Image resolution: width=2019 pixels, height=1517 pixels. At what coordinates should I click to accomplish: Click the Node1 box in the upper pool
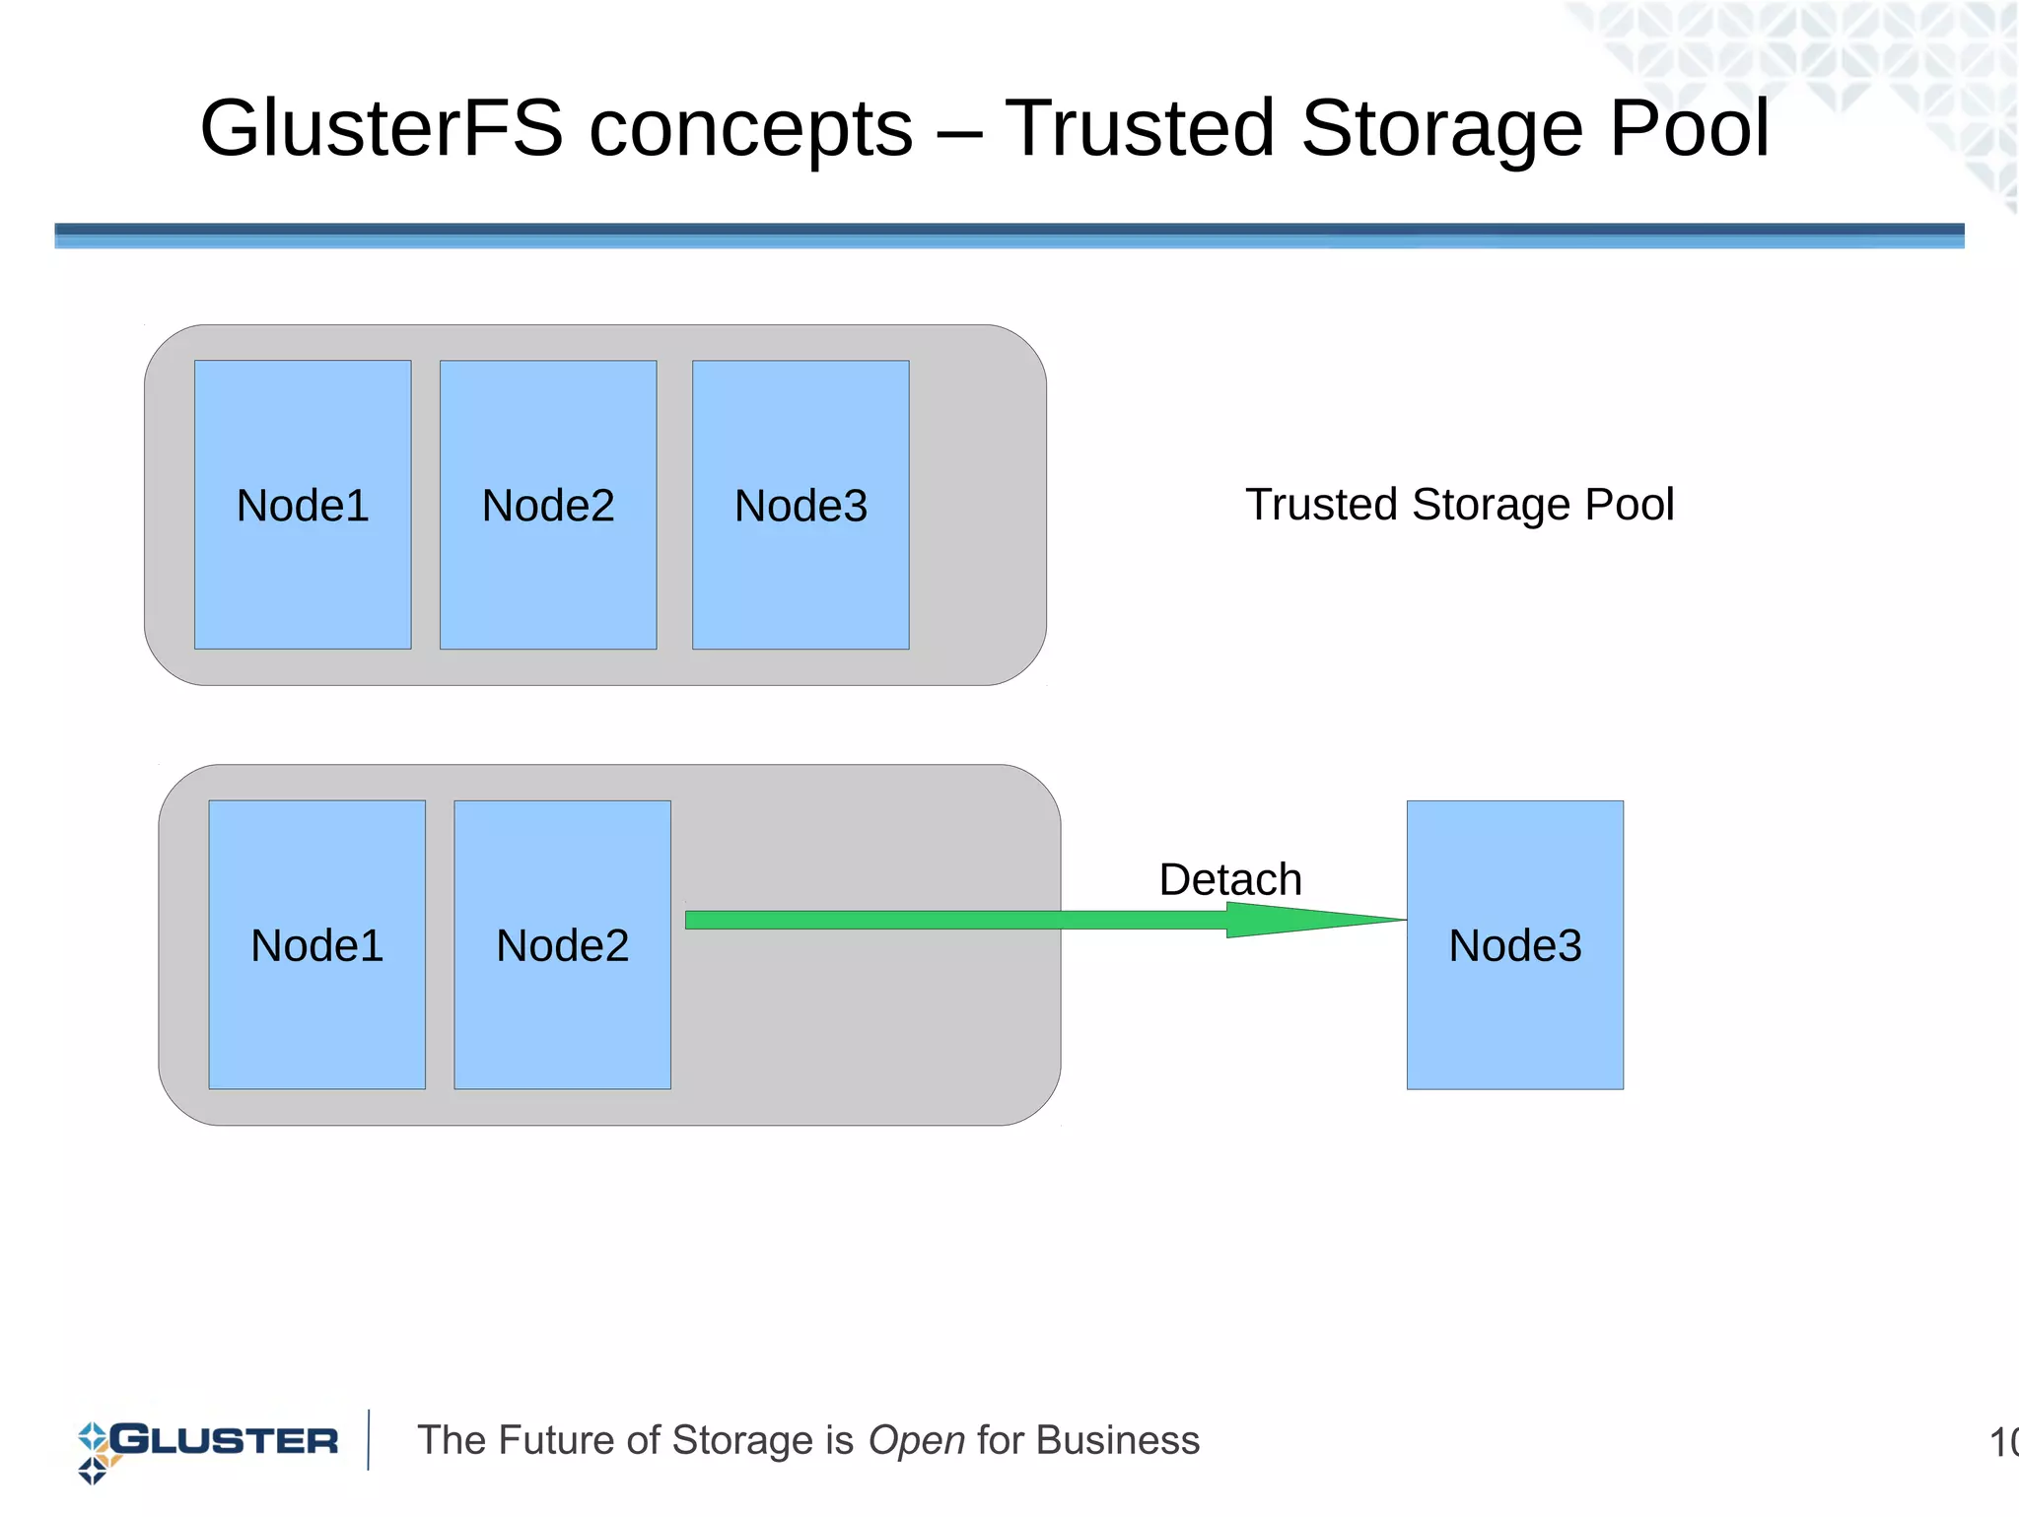[303, 505]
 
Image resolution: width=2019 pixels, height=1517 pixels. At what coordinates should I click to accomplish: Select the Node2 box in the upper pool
[548, 505]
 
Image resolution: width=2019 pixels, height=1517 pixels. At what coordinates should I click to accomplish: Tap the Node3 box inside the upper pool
[801, 505]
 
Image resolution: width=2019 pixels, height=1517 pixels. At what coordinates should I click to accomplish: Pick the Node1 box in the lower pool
[316, 944]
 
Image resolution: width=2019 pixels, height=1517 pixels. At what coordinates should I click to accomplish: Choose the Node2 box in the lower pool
[562, 944]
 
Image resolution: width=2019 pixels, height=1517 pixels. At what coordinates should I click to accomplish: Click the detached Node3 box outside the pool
[1514, 944]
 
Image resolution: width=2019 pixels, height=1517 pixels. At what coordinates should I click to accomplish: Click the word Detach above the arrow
[1229, 878]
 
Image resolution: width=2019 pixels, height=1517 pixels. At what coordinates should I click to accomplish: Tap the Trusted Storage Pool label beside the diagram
[1459, 504]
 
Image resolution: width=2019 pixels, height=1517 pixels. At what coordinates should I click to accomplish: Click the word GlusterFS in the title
[381, 128]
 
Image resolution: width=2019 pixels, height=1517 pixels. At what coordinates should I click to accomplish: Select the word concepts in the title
[750, 128]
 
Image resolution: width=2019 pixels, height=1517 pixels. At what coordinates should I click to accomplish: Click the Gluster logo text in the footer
[225, 1440]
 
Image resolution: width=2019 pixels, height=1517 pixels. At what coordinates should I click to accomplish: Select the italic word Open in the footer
[916, 1440]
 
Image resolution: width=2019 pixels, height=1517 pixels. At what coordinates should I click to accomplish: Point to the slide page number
[2002, 1443]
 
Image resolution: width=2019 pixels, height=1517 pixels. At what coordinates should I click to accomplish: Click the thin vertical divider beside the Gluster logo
[369, 1440]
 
